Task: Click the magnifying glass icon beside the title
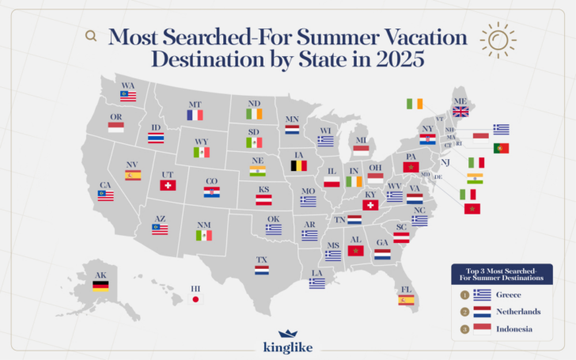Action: pos(91,36)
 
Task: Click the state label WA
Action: pos(127,85)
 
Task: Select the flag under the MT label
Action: pos(195,116)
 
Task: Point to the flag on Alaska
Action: pos(100,286)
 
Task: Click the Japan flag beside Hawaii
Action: pos(195,299)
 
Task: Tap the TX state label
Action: pos(262,260)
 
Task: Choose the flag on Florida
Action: pos(406,300)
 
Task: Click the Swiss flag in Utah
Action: pos(167,185)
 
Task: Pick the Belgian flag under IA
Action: pos(298,166)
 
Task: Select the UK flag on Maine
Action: pos(460,112)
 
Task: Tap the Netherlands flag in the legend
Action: pos(482,312)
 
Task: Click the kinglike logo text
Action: pos(287,347)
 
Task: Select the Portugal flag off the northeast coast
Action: pos(501,148)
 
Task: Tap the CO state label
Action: pos(211,181)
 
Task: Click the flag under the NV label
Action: pos(133,175)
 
